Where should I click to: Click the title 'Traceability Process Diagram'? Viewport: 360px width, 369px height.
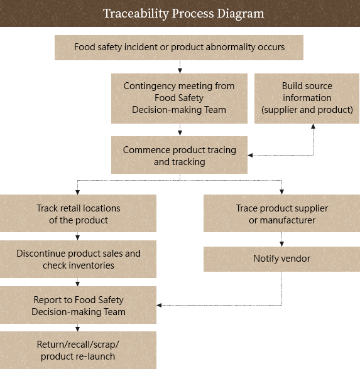coord(183,13)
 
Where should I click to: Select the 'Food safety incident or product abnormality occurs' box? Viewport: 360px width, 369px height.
coord(179,48)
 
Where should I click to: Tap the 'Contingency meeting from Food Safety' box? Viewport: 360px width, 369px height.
coord(179,99)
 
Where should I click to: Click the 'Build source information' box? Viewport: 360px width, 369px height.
coord(307,99)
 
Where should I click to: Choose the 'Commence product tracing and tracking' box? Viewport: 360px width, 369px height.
coord(179,155)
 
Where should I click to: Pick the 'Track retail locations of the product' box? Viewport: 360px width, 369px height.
coord(78,213)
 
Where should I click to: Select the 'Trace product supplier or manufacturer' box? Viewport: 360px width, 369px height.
coord(281,213)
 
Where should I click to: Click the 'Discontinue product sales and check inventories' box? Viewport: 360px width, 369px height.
coord(78,259)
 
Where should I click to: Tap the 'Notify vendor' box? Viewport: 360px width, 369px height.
coord(281,259)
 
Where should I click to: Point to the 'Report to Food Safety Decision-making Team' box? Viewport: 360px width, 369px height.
coord(78,305)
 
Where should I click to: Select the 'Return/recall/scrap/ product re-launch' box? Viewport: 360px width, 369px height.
coord(78,350)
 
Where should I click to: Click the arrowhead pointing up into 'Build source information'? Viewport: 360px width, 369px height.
coord(313,126)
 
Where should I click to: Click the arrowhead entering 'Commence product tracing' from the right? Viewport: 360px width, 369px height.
coord(250,155)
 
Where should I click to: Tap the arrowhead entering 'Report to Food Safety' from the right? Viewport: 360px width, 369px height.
coord(159,305)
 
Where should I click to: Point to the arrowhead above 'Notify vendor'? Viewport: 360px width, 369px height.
coord(281,244)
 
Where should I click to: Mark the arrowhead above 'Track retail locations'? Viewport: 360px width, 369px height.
coord(77,192)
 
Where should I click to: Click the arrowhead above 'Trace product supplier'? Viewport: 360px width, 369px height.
coord(281,192)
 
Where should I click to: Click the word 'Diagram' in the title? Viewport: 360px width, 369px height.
coord(241,14)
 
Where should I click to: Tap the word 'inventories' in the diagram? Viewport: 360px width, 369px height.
coord(92,265)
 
